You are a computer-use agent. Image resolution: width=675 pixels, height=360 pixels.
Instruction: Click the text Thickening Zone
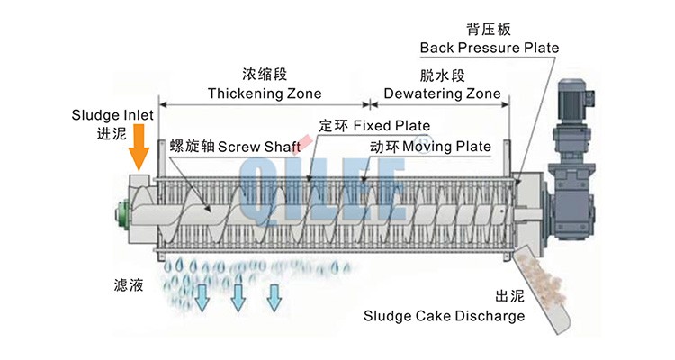[x=265, y=93]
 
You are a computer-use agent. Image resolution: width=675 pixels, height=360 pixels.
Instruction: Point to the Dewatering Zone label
[x=442, y=93]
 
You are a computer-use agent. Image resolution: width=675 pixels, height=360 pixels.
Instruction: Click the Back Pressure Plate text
[x=490, y=47]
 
